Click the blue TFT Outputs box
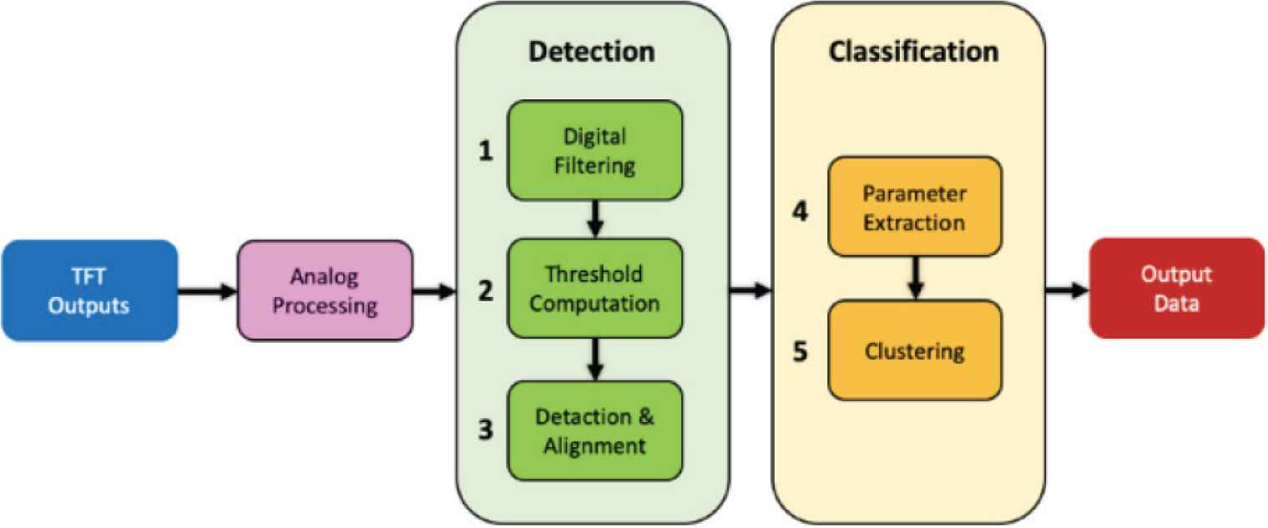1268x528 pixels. (x=88, y=290)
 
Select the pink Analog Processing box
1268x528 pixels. (x=325, y=290)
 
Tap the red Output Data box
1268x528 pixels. (x=1177, y=289)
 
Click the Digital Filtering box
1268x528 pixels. (x=595, y=150)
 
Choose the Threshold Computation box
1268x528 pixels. (x=595, y=289)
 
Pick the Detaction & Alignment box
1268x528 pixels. (x=595, y=430)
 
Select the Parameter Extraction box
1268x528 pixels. (x=914, y=207)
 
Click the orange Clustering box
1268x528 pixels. (x=914, y=350)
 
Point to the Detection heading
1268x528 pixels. (x=592, y=51)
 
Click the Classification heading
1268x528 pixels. (x=913, y=51)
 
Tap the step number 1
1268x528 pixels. (x=486, y=152)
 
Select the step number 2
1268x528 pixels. (x=486, y=291)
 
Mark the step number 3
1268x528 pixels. (x=486, y=431)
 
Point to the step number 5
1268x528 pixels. (x=800, y=351)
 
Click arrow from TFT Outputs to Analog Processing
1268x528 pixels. (x=208, y=291)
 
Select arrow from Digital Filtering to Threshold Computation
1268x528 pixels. (x=595, y=219)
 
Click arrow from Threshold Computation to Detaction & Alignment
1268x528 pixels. (x=595, y=359)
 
